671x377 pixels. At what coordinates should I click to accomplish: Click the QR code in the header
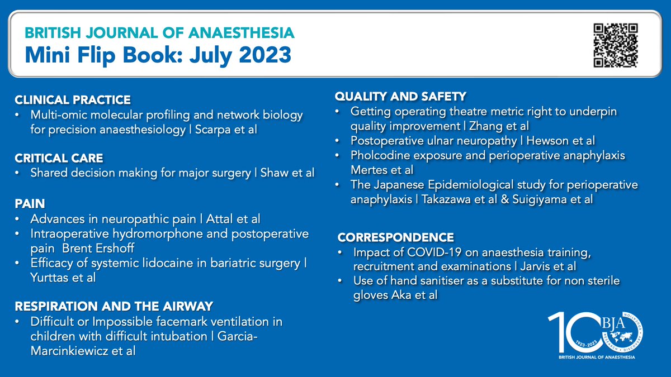tap(616, 45)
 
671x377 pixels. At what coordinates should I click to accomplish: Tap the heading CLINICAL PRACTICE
tap(73, 100)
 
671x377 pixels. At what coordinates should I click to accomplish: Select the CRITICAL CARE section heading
tap(59, 159)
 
